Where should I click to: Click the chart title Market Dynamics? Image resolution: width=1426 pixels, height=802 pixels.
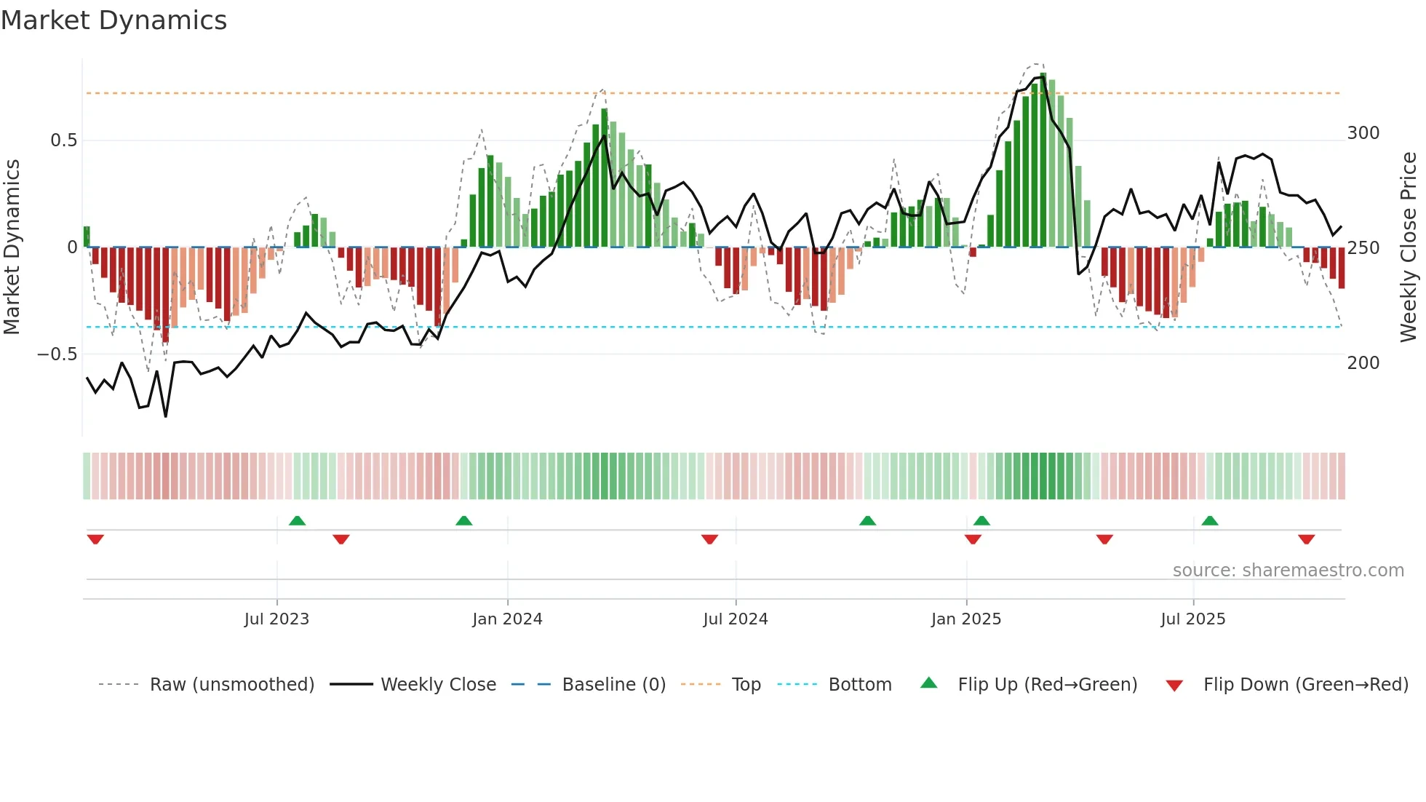[113, 20]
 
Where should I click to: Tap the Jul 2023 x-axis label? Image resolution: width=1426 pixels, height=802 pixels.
[276, 619]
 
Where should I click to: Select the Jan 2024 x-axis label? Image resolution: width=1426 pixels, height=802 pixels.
[507, 619]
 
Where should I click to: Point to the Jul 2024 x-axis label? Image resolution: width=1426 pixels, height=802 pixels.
[735, 619]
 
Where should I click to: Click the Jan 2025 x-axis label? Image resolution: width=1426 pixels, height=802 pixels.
[965, 619]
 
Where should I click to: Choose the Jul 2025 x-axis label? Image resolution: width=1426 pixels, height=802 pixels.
[1192, 619]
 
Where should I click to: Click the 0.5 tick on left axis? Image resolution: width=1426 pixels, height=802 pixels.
[63, 140]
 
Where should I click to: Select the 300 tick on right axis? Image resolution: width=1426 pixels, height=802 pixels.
[1363, 133]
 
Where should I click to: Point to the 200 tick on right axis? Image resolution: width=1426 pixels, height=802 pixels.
[1363, 363]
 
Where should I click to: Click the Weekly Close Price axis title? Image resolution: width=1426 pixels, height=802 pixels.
[1409, 247]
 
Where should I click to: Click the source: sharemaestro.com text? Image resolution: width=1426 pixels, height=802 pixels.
[1288, 571]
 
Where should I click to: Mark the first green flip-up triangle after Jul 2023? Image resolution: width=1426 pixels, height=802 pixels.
[297, 520]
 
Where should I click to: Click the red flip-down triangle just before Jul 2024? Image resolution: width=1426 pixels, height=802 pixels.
[709, 539]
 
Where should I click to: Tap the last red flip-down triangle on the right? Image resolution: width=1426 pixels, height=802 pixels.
[1306, 539]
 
